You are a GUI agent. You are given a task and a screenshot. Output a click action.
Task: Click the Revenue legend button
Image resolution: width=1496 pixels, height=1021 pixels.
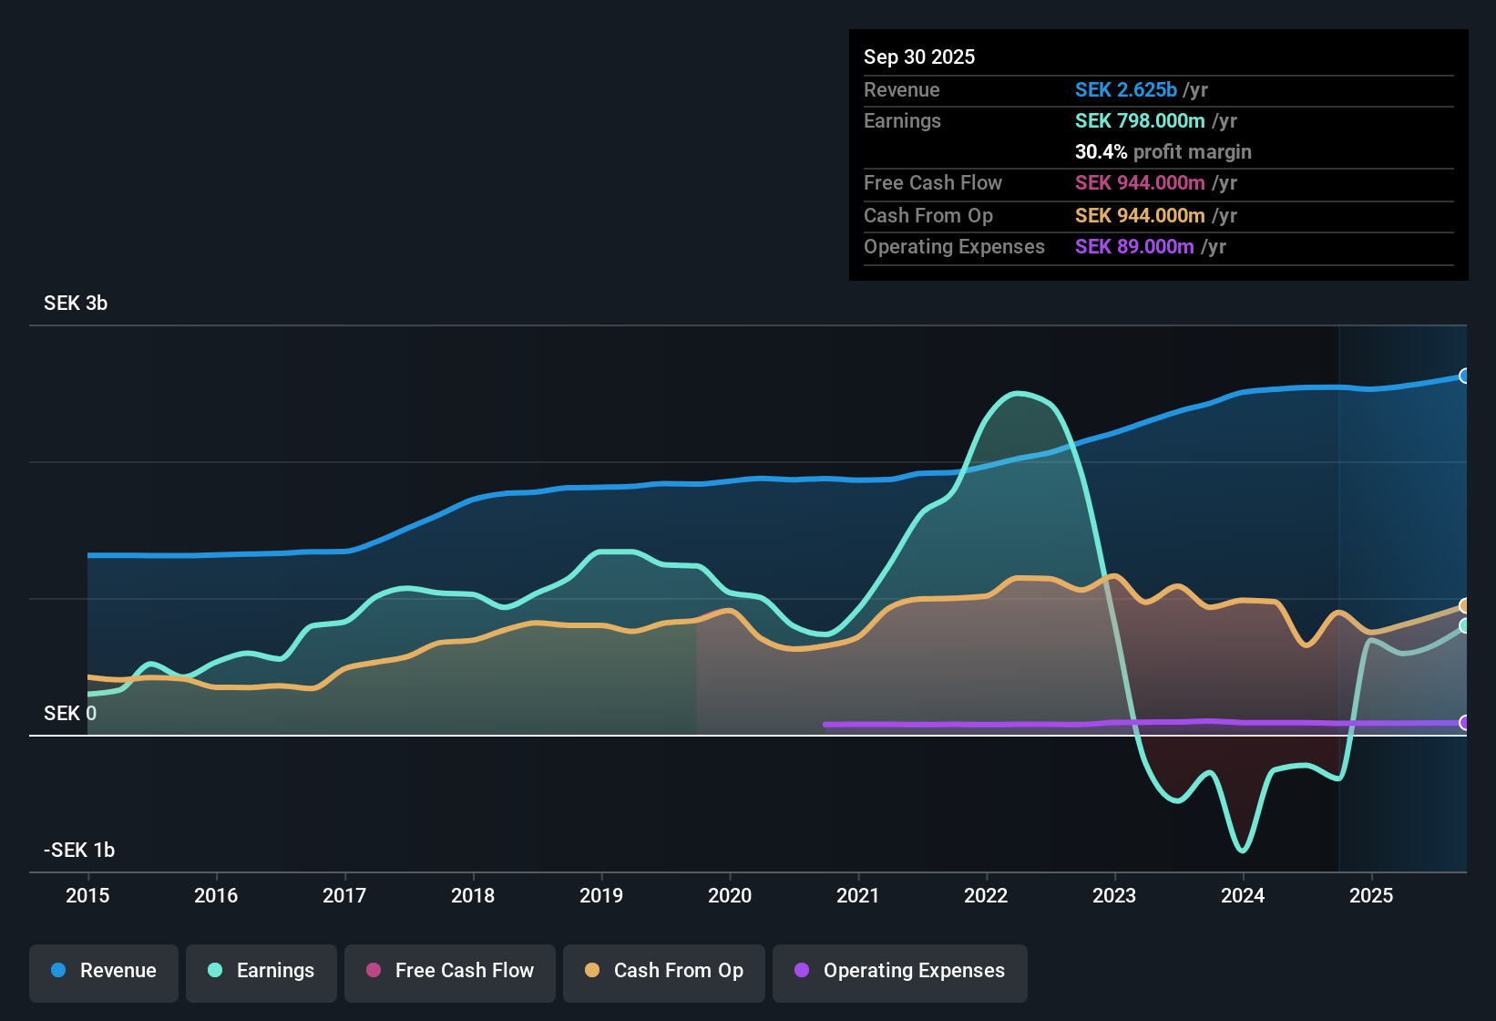coord(104,971)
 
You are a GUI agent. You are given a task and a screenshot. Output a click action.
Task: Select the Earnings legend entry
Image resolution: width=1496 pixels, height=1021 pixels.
coord(261,971)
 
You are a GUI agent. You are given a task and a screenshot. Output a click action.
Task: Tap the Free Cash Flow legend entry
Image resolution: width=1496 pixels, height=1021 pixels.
coord(450,971)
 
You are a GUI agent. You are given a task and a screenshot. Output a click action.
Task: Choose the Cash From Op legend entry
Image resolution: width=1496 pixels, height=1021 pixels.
coord(664,971)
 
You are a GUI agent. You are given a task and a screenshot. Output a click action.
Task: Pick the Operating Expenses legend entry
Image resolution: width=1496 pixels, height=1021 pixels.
coord(900,971)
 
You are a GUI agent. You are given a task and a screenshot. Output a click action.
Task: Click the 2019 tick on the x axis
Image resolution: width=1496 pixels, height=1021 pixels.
coord(601,895)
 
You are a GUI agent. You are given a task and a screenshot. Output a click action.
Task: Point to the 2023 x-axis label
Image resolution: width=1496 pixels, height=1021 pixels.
coord(1114,895)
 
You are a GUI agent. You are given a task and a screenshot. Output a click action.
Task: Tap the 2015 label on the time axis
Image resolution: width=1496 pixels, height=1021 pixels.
coord(87,895)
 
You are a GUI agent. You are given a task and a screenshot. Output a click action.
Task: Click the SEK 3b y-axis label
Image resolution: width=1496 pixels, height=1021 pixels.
coord(76,304)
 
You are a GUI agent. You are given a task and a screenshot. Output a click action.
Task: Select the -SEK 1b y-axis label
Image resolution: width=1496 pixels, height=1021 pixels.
coord(79,851)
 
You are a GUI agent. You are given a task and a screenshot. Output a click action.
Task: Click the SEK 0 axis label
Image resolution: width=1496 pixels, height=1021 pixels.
coord(70,714)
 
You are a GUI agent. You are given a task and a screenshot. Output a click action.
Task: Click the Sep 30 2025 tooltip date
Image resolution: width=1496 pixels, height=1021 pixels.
coord(919,57)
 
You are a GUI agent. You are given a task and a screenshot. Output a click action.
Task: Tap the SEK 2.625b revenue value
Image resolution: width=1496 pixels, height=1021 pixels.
coord(1126,90)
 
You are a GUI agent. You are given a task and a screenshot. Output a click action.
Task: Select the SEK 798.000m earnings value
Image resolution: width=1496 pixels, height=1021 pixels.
coord(1140,121)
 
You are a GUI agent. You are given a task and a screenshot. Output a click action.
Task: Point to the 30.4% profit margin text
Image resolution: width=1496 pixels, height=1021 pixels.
coord(1163,152)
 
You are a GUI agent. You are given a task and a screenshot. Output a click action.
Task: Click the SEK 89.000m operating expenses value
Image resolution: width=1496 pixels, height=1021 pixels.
coord(1134,247)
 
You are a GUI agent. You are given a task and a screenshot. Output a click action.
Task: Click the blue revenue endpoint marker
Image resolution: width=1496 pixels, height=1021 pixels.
coord(1464,376)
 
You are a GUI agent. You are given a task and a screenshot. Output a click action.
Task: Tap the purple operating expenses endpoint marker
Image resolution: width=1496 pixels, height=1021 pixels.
coord(1464,722)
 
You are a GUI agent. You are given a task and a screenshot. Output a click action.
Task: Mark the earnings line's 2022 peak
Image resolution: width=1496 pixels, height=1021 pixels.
coord(1018,393)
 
